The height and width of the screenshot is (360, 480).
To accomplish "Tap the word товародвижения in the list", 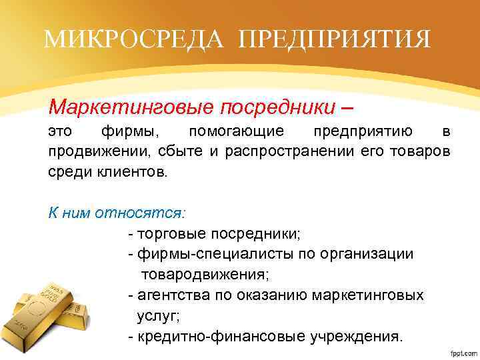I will click(x=203, y=274).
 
